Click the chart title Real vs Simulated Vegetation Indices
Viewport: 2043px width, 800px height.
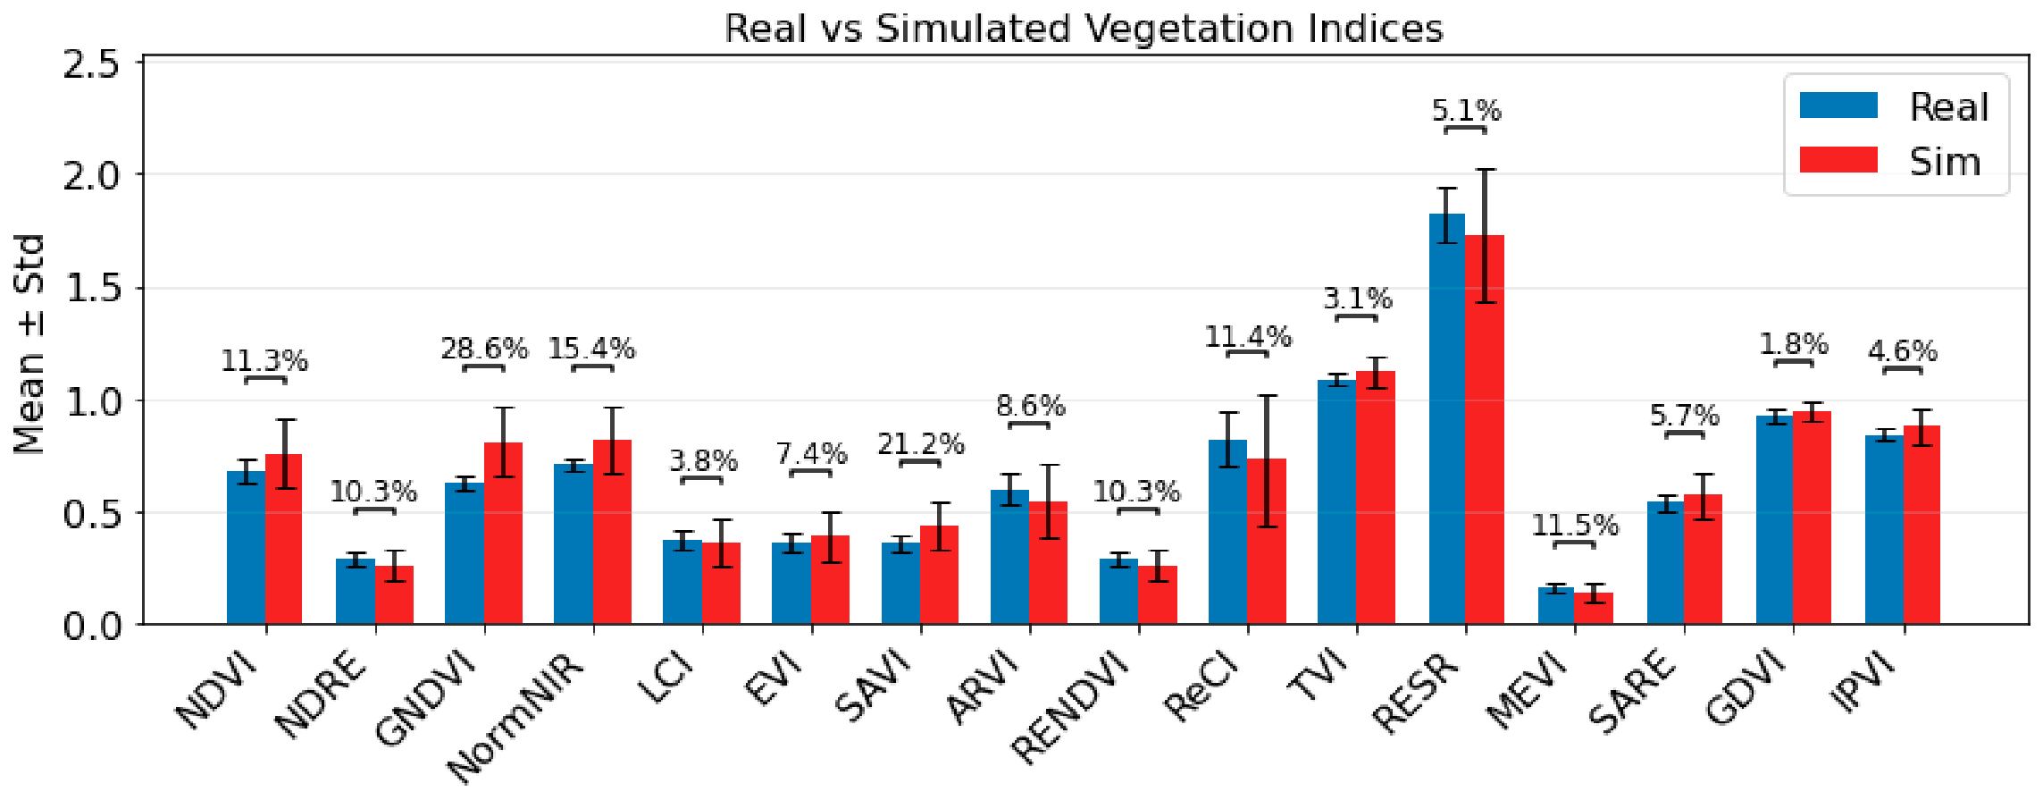1083,28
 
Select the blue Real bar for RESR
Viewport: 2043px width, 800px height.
1447,418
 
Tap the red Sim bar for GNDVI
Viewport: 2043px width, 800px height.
503,533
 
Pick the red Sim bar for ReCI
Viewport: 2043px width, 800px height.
1267,541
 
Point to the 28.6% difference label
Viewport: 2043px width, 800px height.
484,348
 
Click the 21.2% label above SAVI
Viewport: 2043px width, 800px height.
921,443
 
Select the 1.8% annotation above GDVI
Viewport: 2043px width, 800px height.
1794,343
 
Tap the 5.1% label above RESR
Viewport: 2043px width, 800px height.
1467,110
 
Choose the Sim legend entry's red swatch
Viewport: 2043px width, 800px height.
1838,160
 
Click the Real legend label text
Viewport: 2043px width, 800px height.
1949,107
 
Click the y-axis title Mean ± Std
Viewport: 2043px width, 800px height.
29,344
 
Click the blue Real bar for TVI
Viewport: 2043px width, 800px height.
1336,501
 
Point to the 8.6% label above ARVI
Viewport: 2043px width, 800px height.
1031,406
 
